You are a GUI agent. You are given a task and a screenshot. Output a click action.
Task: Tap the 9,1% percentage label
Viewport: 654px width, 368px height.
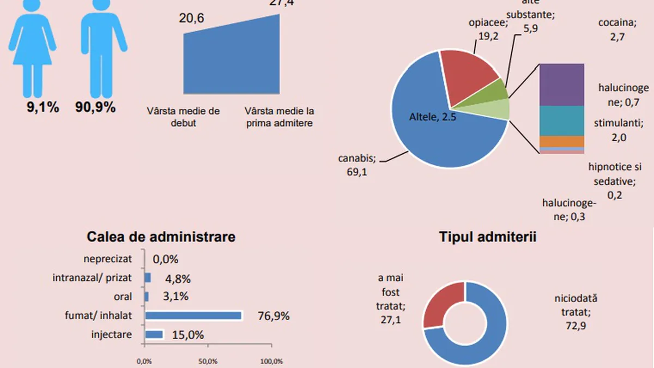click(x=43, y=107)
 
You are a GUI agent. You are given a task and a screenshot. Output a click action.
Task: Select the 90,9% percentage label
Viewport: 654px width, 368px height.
click(x=95, y=107)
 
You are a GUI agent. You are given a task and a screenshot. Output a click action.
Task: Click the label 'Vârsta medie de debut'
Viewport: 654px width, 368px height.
click(x=183, y=117)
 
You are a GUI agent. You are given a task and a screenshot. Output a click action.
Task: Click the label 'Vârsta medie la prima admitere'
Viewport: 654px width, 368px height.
click(x=279, y=117)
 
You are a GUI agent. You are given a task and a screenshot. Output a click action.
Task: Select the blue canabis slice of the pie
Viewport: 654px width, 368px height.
click(x=431, y=131)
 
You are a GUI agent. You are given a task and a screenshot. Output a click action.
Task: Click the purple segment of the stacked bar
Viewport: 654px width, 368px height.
click(x=561, y=85)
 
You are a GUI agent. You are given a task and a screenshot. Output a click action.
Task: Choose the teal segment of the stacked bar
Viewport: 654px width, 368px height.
click(x=561, y=120)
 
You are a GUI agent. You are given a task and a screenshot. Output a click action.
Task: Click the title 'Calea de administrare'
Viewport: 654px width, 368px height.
click(x=161, y=237)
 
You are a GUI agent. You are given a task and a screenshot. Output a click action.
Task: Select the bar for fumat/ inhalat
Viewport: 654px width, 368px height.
click(x=193, y=316)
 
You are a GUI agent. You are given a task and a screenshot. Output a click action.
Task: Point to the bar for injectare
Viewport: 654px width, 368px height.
click(x=154, y=334)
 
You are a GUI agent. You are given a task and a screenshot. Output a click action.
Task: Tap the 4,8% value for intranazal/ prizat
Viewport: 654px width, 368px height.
click(x=177, y=279)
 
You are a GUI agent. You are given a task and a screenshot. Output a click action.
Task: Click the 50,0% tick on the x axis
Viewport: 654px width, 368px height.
click(x=208, y=361)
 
